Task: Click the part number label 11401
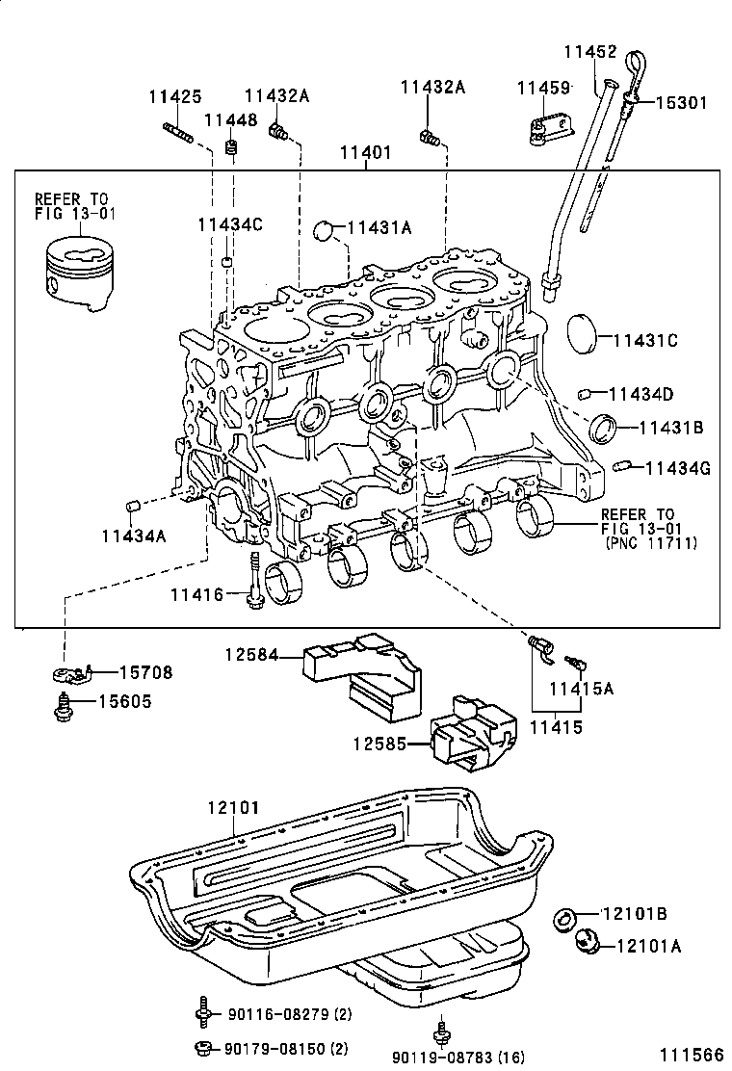coord(365,153)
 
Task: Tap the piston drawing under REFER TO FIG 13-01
coord(76,274)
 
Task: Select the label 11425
coord(174,96)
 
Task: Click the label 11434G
coord(677,469)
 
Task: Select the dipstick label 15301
coord(682,102)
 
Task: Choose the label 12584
coord(250,656)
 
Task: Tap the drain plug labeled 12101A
coord(585,940)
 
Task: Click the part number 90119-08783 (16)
coord(458,1058)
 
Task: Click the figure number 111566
coord(691,1055)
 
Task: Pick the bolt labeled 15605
coord(64,707)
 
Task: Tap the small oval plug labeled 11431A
coord(327,229)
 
